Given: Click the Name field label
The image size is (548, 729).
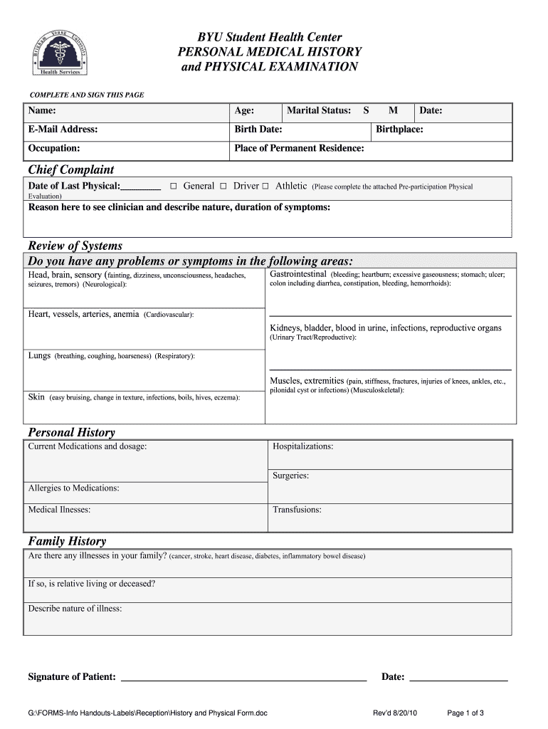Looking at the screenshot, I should (42, 111).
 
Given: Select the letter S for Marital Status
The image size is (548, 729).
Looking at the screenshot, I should (366, 111).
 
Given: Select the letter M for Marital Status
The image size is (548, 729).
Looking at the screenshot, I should (393, 111).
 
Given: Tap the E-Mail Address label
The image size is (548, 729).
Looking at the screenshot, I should (63, 130).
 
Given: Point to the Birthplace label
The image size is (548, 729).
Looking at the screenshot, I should (399, 130).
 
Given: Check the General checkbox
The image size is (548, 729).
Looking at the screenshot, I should (174, 187).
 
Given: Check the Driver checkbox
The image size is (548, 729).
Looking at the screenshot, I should (223, 187).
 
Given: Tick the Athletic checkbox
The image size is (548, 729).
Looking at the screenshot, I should (265, 187).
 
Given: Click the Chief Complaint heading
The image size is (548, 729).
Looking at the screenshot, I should (70, 169).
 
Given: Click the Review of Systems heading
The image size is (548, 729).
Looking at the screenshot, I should (75, 246).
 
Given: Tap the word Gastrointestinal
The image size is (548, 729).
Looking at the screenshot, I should (298, 274).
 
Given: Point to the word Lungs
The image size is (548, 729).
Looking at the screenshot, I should (39, 355).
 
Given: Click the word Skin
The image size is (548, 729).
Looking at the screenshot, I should (36, 397).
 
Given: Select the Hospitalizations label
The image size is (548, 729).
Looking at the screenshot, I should (302, 446).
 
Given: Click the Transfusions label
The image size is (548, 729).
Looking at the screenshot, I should (297, 510).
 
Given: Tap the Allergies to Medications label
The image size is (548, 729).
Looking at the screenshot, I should (73, 488).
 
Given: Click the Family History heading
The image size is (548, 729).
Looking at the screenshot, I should (66, 541).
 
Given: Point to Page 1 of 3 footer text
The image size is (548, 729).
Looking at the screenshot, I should (465, 713).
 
